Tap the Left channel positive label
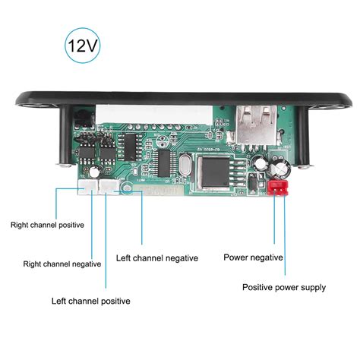(90, 301)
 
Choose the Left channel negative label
(157, 257)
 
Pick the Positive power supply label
(284, 287)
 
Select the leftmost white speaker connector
(89, 188)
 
